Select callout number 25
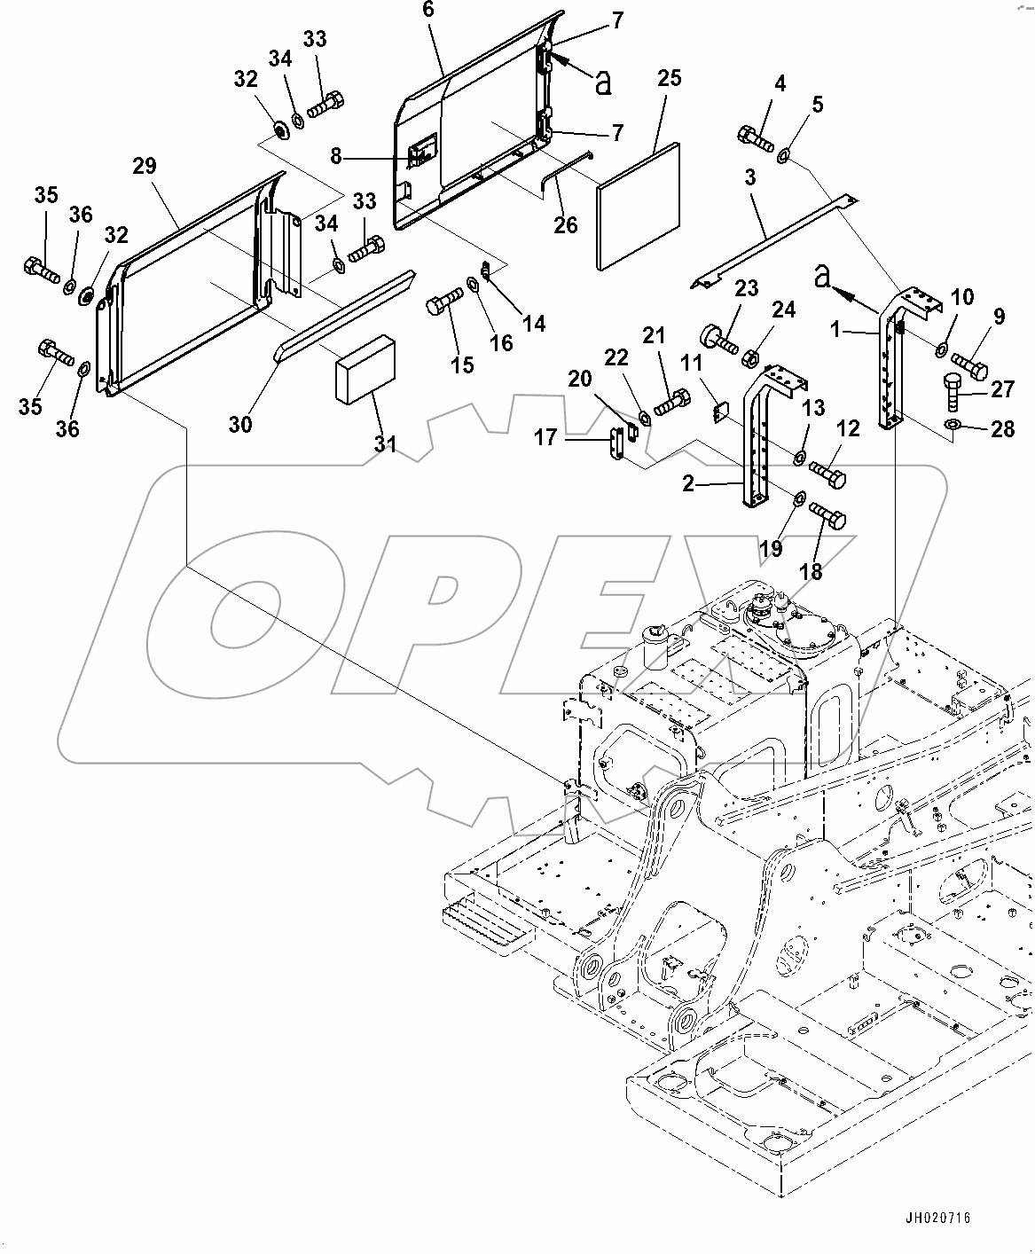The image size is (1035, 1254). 670,79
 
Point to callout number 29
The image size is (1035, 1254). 145,166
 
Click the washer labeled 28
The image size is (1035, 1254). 951,428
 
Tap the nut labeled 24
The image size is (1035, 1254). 749,358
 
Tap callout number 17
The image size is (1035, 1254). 545,437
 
